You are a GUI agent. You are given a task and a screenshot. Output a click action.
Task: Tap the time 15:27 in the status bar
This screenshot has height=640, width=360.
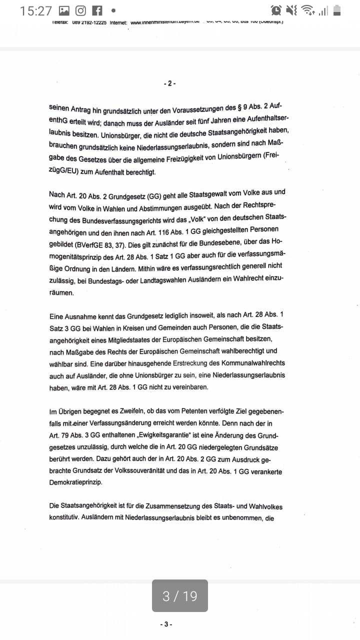36,10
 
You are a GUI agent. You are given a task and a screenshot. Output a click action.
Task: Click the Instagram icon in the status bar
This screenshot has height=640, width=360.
80,10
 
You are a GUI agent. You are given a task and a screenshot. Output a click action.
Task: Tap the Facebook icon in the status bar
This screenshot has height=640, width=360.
97,10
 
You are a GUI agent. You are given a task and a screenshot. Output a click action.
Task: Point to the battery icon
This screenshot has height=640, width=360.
337,10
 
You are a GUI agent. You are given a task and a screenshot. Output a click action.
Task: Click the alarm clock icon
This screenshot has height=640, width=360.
275,10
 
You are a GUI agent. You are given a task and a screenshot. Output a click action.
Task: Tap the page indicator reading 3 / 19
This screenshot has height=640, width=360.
180,595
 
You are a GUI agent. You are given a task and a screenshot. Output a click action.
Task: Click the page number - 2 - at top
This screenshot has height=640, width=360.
169,83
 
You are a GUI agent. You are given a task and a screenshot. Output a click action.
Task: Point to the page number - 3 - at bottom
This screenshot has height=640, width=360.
166,624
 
